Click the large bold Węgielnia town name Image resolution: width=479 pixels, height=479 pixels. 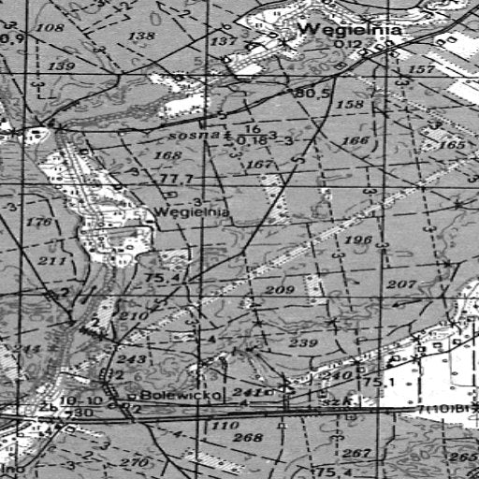(350, 30)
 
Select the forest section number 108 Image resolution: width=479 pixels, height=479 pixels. (51, 29)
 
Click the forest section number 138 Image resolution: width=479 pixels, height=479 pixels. (141, 36)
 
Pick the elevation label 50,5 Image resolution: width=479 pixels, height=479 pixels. (313, 94)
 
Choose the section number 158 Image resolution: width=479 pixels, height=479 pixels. (350, 104)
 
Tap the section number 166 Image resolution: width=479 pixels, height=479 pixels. (356, 141)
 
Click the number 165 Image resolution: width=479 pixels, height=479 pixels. (451, 146)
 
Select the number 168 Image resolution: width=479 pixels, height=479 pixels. (167, 155)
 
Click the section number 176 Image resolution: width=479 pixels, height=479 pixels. (39, 223)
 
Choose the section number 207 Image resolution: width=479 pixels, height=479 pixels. (400, 284)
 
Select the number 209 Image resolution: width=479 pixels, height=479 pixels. (279, 291)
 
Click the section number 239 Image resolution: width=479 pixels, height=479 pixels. (302, 343)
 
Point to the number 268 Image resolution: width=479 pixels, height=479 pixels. (248, 438)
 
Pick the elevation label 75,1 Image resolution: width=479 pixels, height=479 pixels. (375, 383)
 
